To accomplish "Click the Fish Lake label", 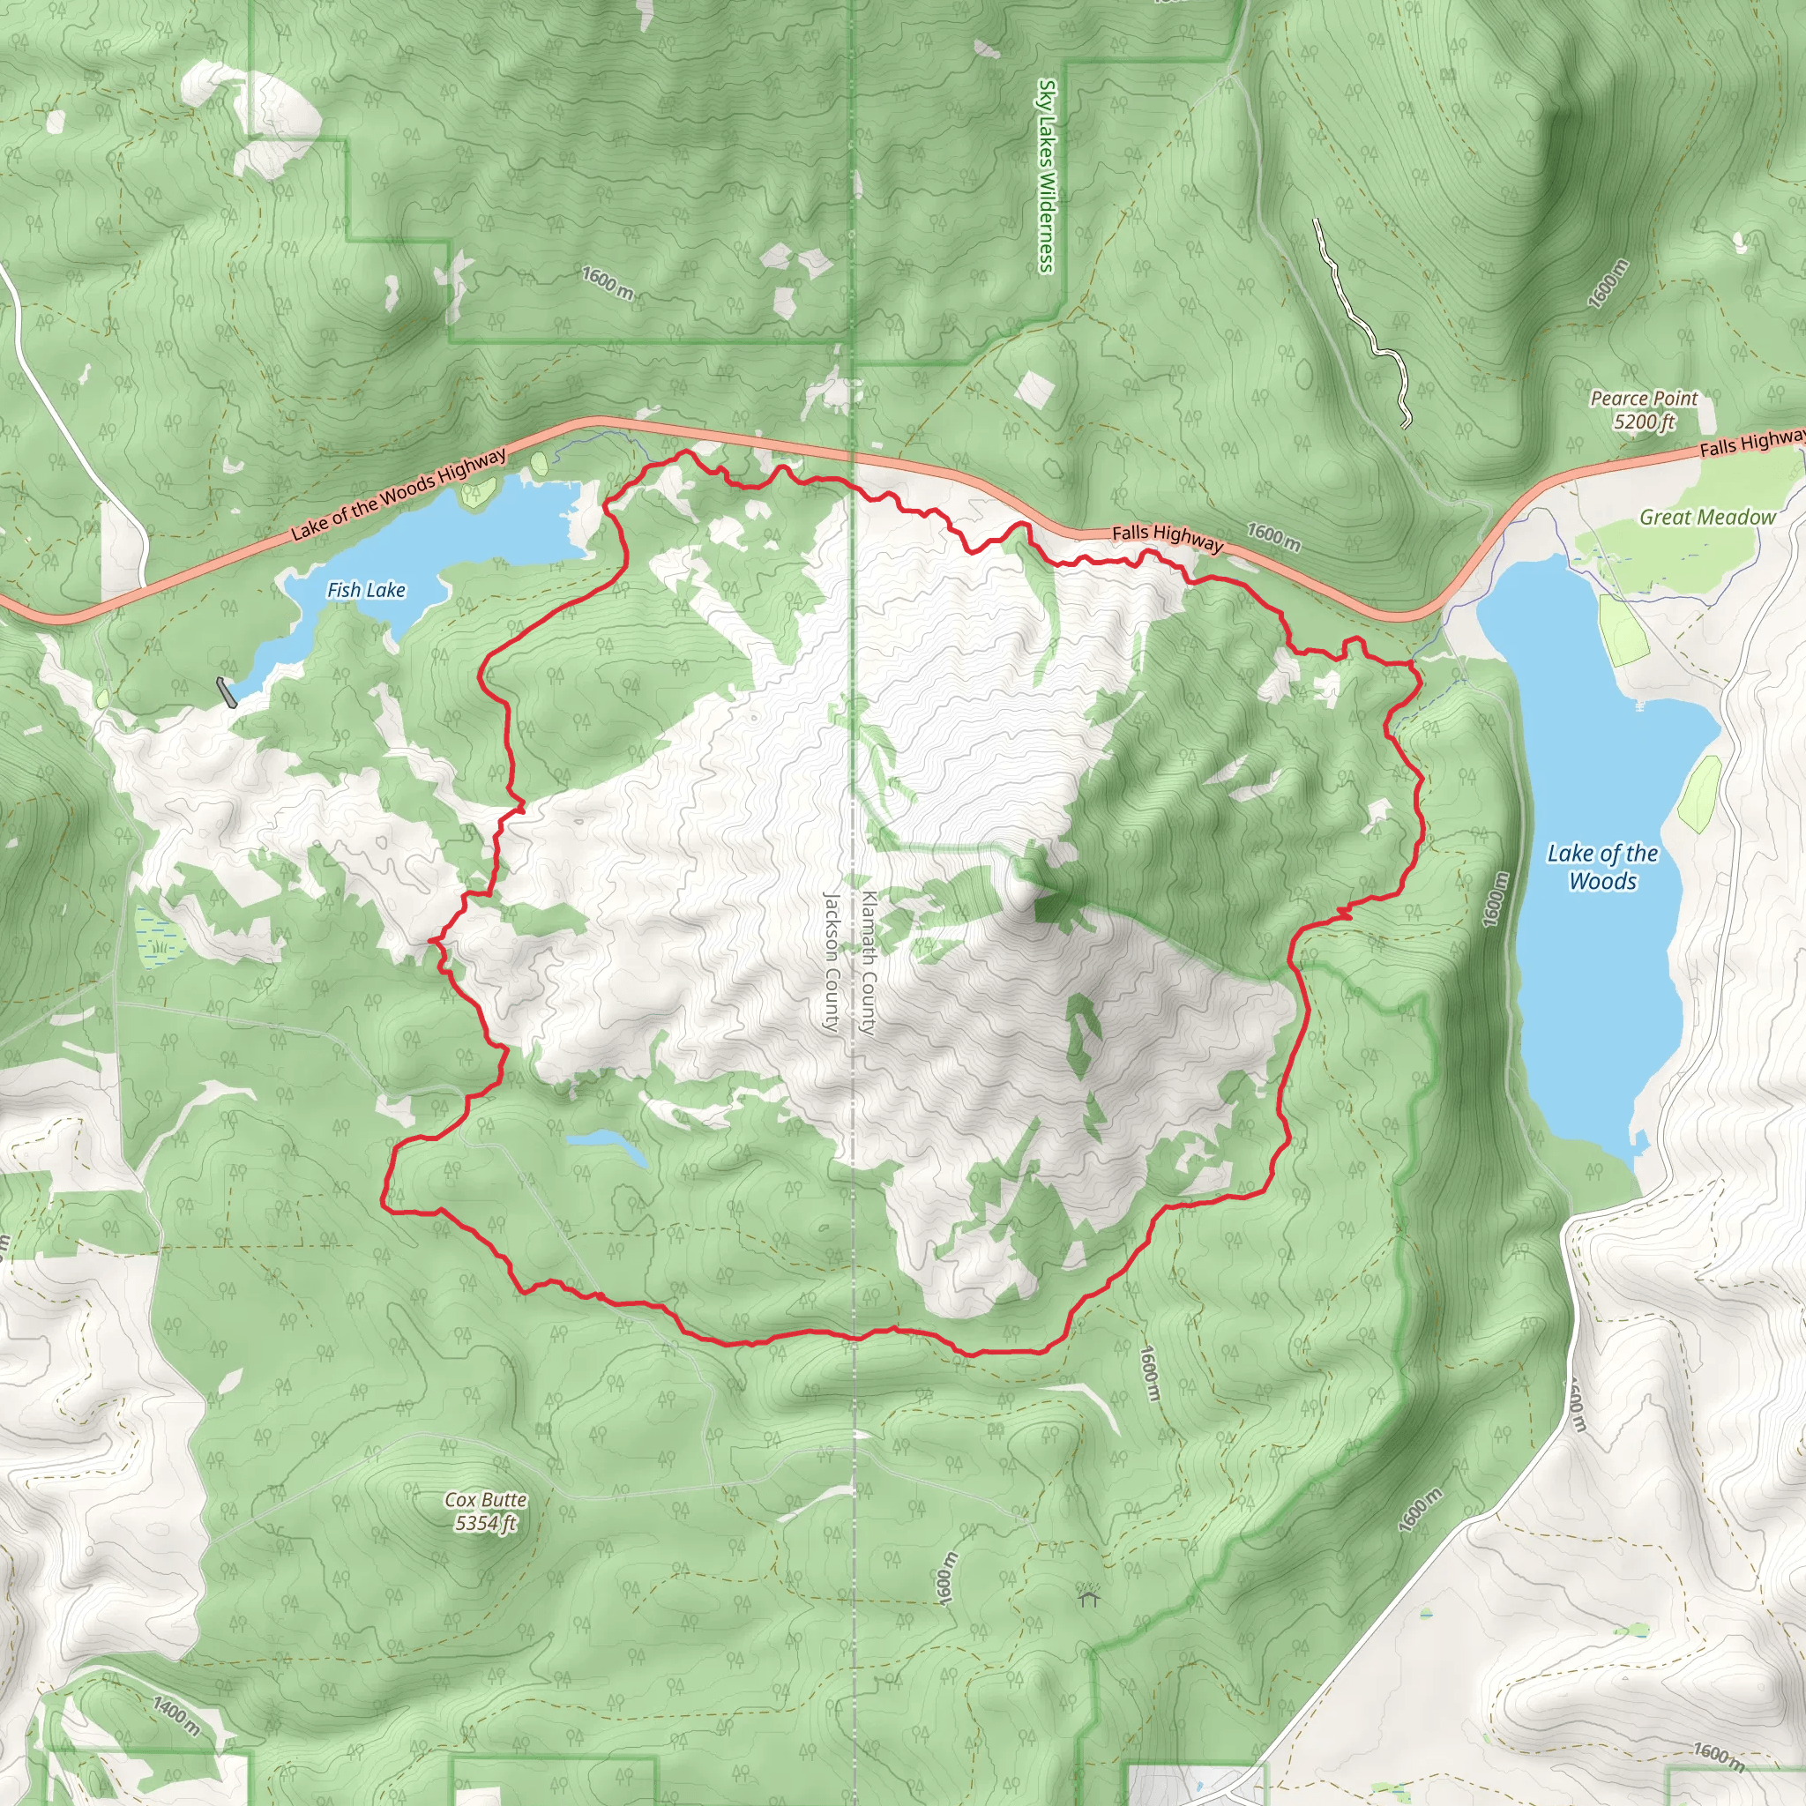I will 365,590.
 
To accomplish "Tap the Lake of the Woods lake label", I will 1602,867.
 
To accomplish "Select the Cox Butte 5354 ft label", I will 485,1511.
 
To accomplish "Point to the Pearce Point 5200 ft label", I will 1645,409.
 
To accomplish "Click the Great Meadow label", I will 1708,517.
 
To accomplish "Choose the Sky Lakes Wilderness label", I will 1047,175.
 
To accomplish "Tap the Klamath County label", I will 869,963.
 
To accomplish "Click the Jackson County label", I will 831,963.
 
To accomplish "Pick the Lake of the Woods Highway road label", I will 399,494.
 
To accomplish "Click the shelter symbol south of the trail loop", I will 1088,1598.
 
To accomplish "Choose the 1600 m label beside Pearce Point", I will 1608,284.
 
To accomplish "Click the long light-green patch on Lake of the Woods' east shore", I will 1699,794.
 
